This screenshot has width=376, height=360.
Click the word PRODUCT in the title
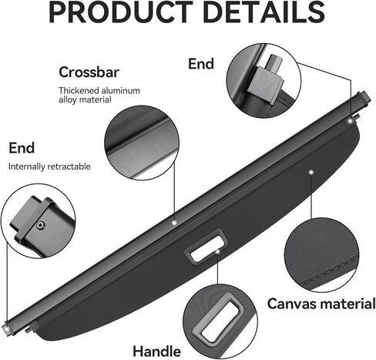coord(120,12)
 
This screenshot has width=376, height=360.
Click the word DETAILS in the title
coord(264,12)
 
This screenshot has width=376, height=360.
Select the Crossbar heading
coord(89,72)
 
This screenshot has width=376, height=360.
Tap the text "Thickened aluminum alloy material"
coord(99,95)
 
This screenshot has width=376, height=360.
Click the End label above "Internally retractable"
coord(22,148)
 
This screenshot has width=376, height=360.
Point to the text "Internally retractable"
coord(49,167)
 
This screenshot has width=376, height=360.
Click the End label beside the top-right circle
coord(201,64)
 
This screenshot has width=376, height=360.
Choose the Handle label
coord(156,351)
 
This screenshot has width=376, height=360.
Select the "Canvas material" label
coord(321,304)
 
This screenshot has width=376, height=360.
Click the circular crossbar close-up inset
coord(142,143)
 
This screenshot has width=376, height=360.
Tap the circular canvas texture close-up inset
coord(321,255)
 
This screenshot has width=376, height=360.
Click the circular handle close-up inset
coord(220,321)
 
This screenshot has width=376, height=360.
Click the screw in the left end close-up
coord(41,225)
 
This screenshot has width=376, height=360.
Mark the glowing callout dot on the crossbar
coord(174,223)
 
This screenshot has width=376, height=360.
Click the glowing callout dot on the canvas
coord(311,172)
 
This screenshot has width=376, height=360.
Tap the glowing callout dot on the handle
coord(218,251)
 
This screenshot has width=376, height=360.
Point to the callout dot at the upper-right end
coord(350,120)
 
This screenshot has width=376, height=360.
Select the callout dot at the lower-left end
coord(7,328)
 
